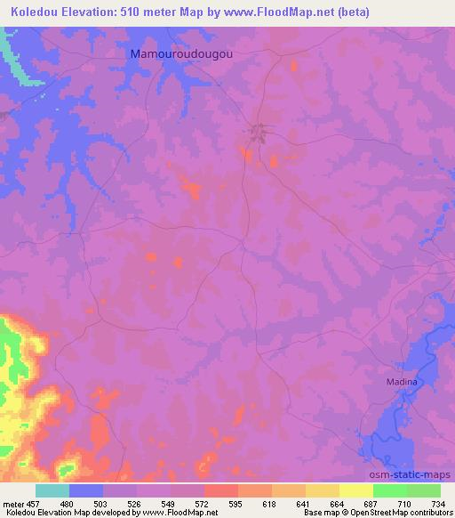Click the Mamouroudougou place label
click(182, 53)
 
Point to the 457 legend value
click(34, 504)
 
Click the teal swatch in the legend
click(52, 490)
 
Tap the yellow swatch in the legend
click(356, 490)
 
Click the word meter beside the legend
click(12, 504)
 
